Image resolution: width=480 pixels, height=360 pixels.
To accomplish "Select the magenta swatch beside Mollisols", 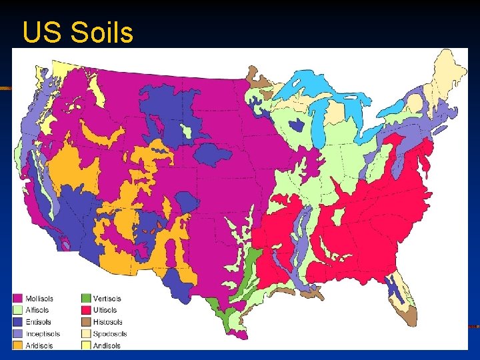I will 19,298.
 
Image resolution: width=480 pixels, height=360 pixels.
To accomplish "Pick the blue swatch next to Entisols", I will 19,322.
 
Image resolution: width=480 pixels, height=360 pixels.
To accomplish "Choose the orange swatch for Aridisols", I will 19,345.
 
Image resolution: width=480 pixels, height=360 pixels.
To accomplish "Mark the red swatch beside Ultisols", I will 86,310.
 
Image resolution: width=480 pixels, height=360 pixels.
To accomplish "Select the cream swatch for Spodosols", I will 86,334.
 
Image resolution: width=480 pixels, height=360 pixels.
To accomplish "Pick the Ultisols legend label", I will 105,310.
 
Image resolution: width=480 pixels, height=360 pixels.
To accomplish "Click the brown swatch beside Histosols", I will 86,322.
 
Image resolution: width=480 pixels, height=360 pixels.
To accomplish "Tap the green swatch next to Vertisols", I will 86,298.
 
